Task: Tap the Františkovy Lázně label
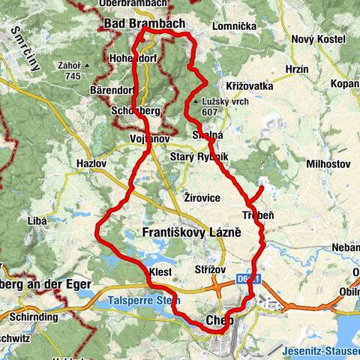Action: (x=191, y=233)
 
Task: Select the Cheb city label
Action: (x=219, y=320)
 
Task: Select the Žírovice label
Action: (x=202, y=196)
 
